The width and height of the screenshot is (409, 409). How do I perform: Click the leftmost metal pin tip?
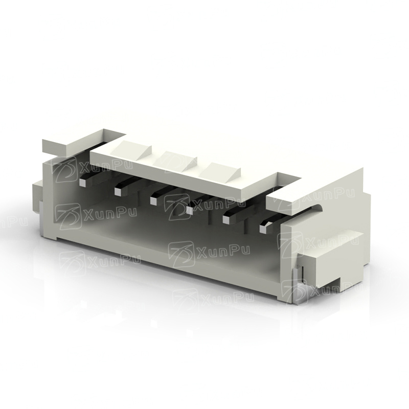(x=82, y=183)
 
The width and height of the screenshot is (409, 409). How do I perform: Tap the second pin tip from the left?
(x=118, y=192)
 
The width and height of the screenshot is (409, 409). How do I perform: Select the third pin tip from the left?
(x=154, y=201)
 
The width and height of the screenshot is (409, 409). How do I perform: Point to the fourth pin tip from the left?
(x=190, y=211)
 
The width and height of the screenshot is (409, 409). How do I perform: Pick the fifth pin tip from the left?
(x=226, y=220)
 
